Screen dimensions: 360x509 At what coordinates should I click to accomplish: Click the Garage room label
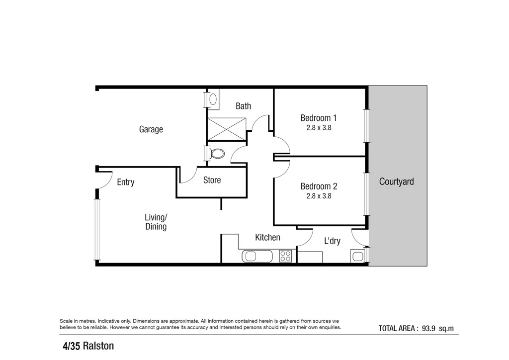pyautogui.click(x=151, y=129)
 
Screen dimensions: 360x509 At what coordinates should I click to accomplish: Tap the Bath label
pyautogui.click(x=243, y=106)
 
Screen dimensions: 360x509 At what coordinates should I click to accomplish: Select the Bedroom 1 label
pyautogui.click(x=319, y=118)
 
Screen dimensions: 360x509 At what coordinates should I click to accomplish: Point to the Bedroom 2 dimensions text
pyautogui.click(x=319, y=196)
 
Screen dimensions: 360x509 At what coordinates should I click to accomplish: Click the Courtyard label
pyautogui.click(x=396, y=181)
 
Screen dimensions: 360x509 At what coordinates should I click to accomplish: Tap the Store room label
pyautogui.click(x=212, y=180)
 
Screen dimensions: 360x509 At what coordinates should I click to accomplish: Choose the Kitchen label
pyautogui.click(x=267, y=237)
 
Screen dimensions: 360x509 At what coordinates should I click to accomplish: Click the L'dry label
pyautogui.click(x=332, y=241)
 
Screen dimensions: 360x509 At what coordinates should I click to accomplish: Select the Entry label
pyautogui.click(x=125, y=182)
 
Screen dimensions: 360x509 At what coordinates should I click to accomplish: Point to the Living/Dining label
pyautogui.click(x=156, y=222)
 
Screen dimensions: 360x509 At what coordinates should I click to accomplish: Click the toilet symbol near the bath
pyautogui.click(x=217, y=153)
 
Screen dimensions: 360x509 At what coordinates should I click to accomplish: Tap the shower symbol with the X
pyautogui.click(x=227, y=129)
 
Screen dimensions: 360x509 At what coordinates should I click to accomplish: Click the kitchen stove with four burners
pyautogui.click(x=285, y=256)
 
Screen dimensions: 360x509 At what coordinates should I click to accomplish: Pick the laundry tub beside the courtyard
pyautogui.click(x=357, y=257)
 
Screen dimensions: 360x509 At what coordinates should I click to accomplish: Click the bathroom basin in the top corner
pyautogui.click(x=213, y=98)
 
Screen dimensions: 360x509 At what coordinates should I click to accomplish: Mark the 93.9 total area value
pyautogui.click(x=429, y=328)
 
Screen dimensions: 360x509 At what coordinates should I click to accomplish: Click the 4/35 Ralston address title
pyautogui.click(x=88, y=346)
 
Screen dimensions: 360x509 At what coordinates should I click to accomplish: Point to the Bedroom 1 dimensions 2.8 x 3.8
pyautogui.click(x=319, y=127)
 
